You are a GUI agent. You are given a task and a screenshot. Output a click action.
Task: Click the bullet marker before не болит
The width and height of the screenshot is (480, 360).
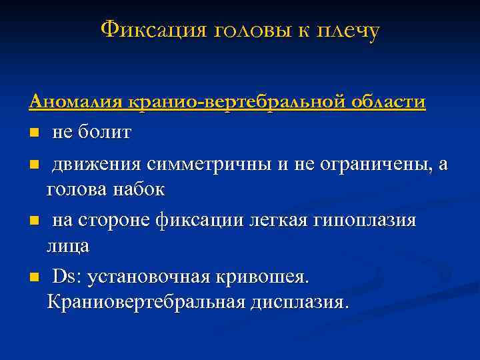pos(33,133)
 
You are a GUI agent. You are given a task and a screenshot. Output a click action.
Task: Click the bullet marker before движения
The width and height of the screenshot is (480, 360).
pos(33,164)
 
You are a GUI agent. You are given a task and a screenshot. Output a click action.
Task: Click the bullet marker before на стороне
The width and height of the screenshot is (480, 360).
pos(33,221)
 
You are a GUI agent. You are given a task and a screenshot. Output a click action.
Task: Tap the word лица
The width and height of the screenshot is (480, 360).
pos(67,247)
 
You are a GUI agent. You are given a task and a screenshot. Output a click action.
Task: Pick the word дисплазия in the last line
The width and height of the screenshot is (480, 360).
pos(297,303)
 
